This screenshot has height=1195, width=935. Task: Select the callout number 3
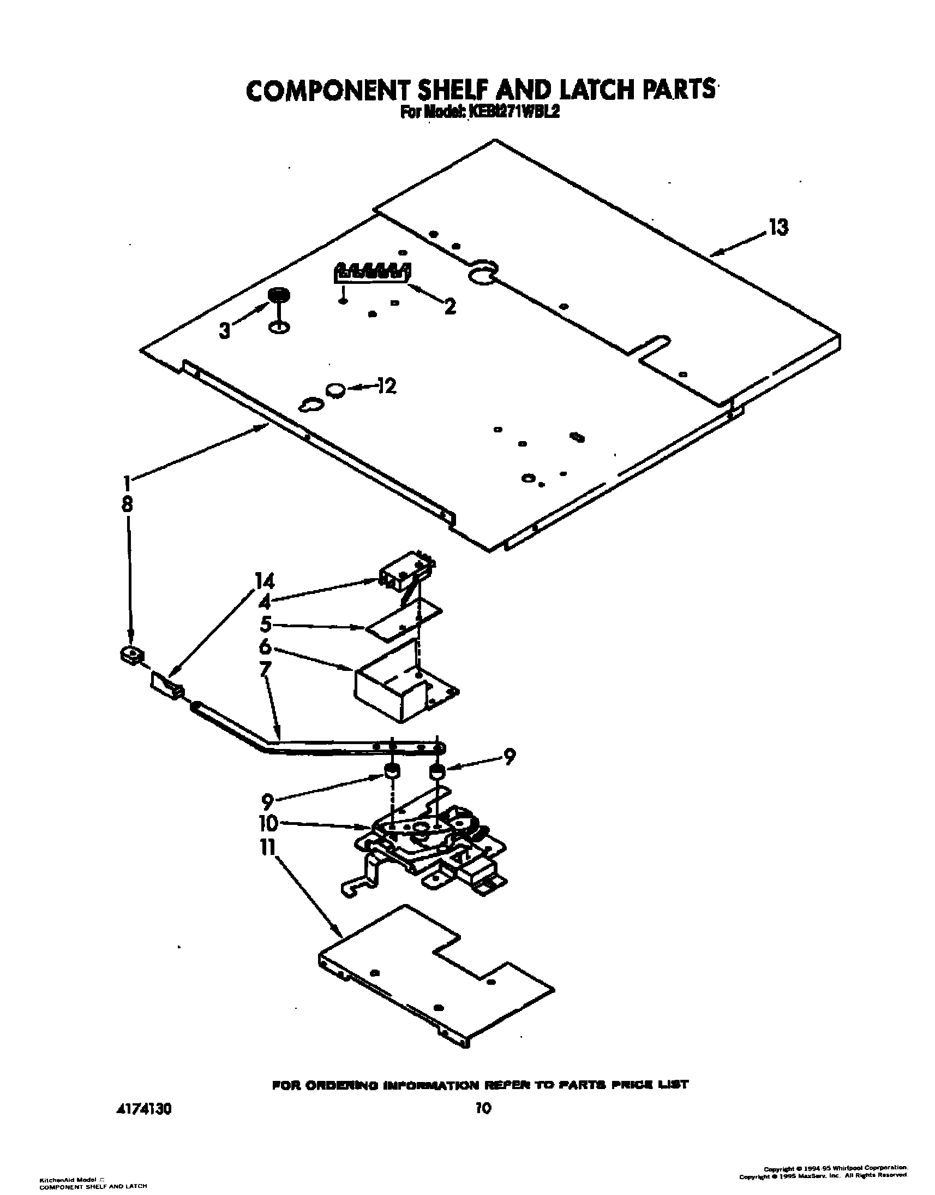pyautogui.click(x=224, y=331)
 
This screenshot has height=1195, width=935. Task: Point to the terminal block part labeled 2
pyautogui.click(x=372, y=273)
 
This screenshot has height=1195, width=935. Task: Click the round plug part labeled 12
pyautogui.click(x=335, y=390)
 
